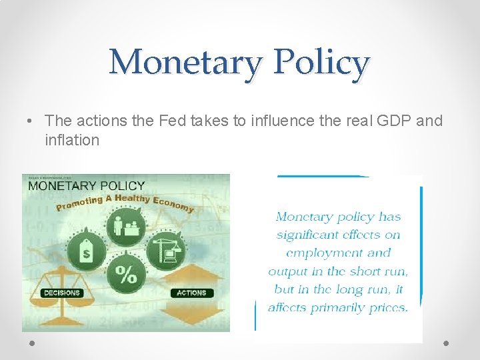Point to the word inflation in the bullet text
tap(72, 140)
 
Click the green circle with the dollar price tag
tap(86, 251)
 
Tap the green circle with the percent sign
tap(126, 273)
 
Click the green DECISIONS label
tap(61, 293)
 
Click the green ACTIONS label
tap(192, 293)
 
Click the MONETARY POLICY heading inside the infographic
tap(86, 185)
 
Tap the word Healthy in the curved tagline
tap(132, 198)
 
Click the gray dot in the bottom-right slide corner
tap(446, 343)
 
